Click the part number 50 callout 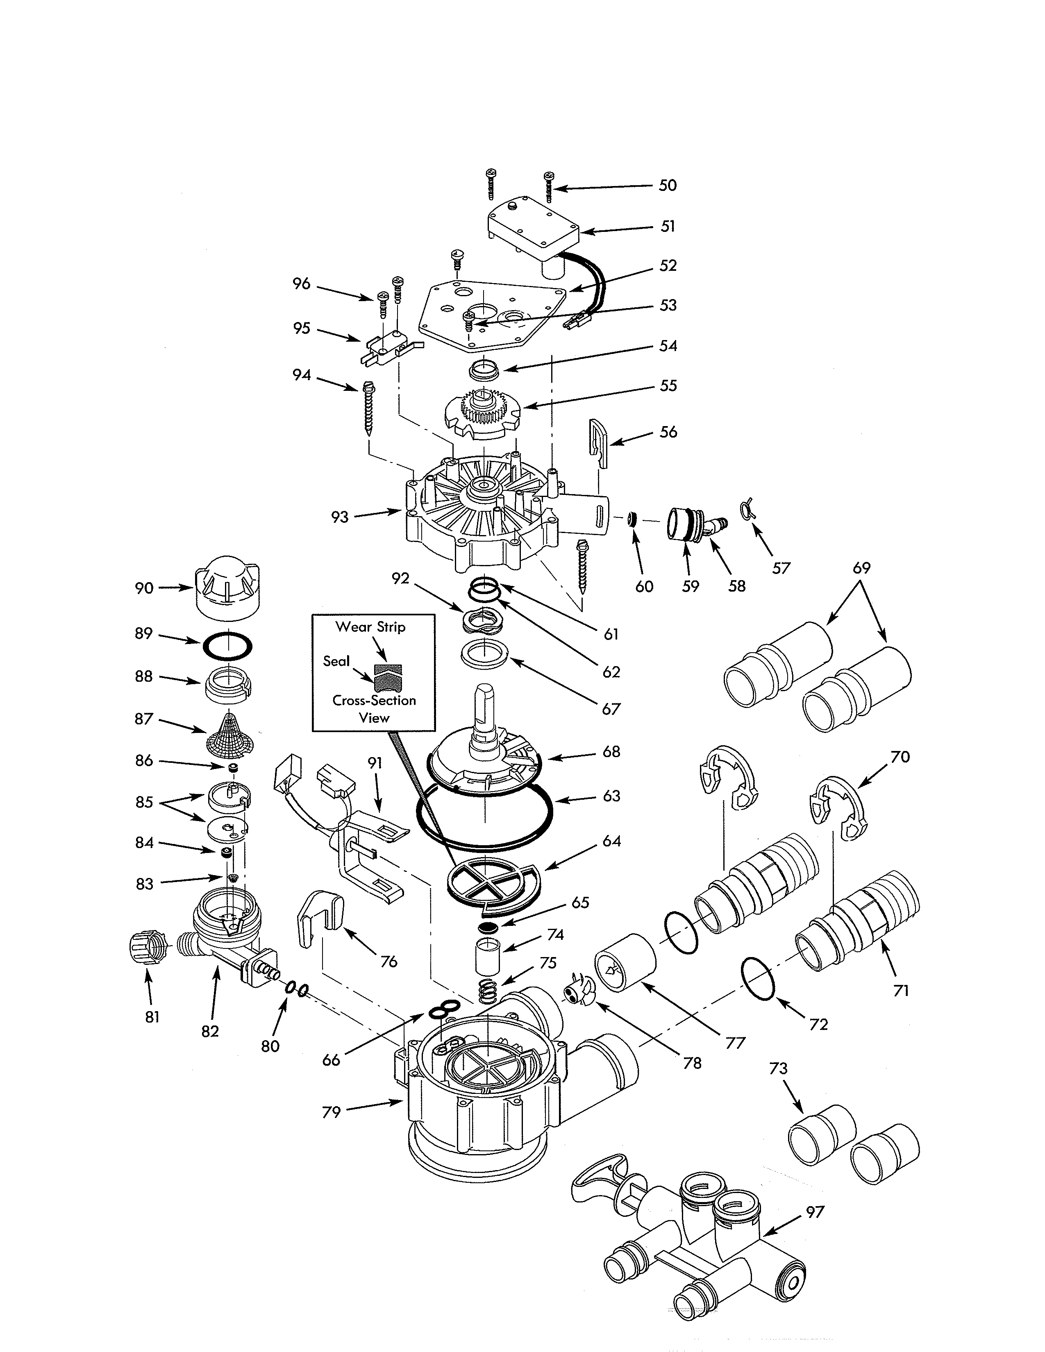[x=667, y=185]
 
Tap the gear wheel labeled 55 [x=485, y=413]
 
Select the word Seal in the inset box [x=336, y=661]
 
